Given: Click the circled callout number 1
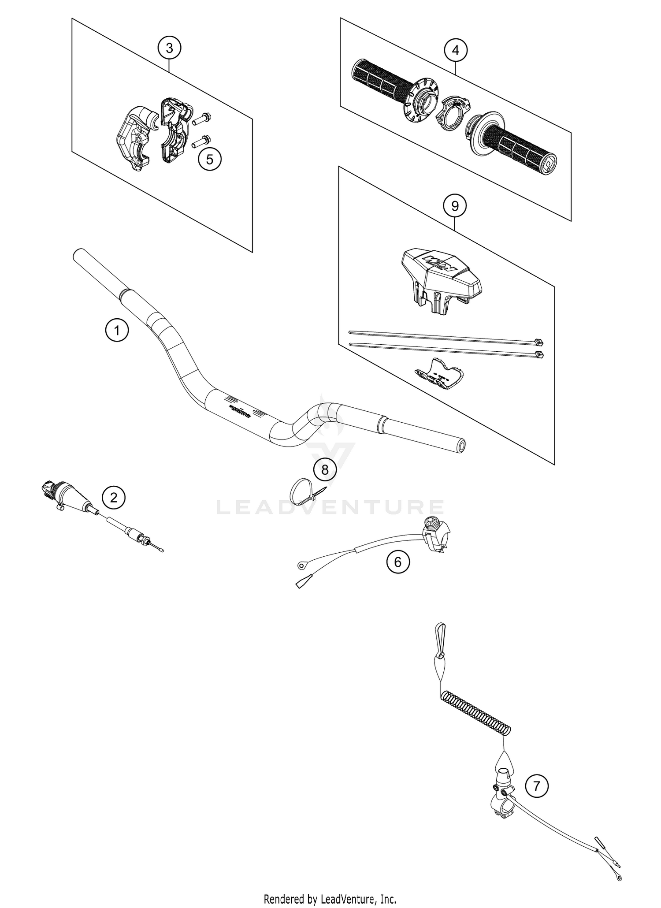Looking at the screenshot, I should tap(117, 330).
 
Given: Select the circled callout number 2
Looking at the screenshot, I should tap(114, 498).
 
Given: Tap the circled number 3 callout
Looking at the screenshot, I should tap(170, 48).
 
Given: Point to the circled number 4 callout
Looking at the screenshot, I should tap(456, 50).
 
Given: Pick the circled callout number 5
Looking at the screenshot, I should tap(210, 159).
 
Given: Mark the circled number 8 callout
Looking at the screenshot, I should tap(325, 470).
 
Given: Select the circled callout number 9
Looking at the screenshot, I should tap(455, 206).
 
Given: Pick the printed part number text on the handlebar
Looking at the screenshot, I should tap(238, 409).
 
